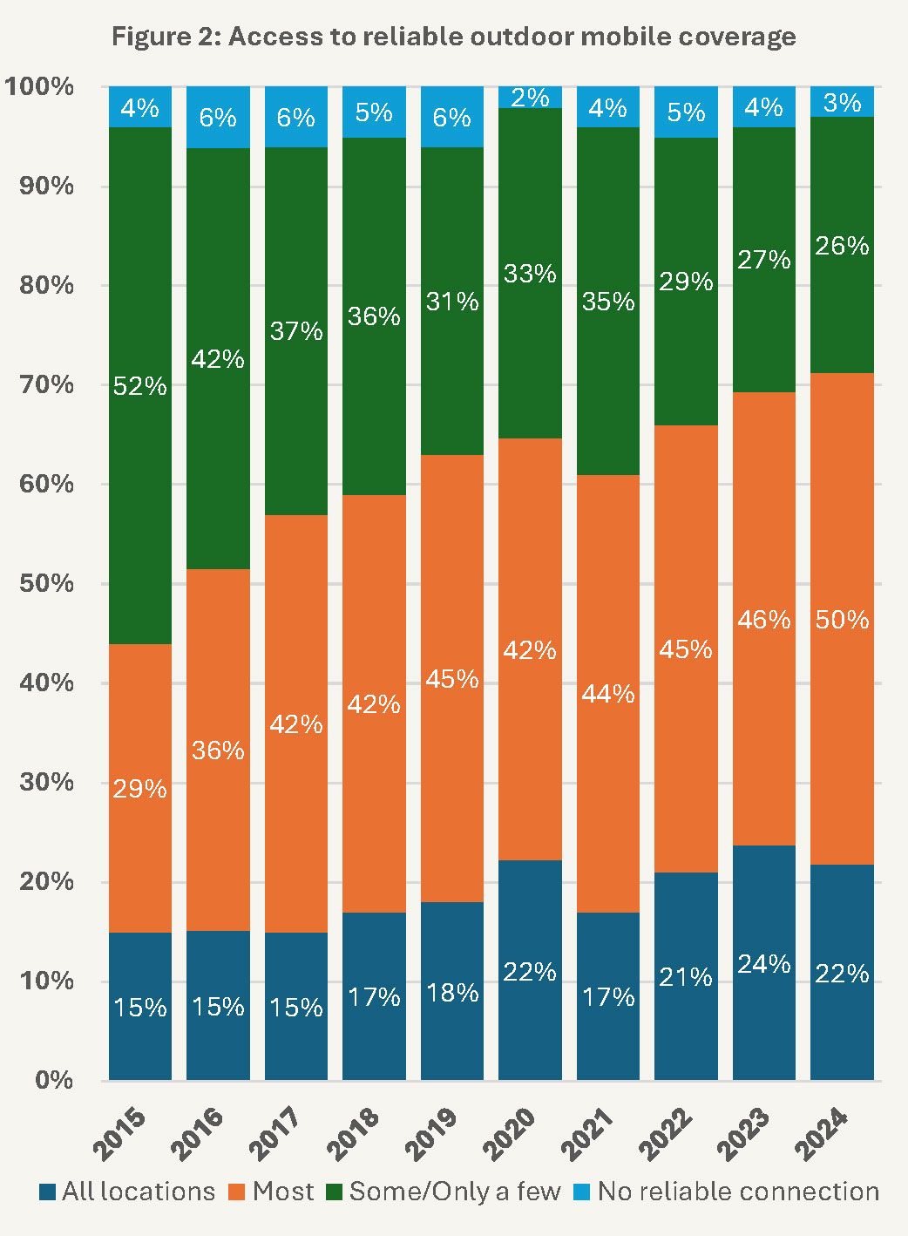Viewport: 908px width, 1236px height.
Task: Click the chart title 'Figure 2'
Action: (453, 37)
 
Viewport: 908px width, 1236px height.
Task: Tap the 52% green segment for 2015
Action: (139, 385)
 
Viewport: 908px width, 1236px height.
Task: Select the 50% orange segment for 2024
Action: (842, 619)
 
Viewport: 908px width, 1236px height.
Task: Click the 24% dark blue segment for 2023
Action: (764, 963)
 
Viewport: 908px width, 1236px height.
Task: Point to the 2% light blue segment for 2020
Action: (530, 97)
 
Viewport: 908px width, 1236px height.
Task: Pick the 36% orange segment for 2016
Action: (218, 750)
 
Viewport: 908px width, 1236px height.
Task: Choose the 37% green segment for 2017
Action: (296, 331)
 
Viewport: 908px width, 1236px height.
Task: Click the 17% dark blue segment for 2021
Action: (608, 996)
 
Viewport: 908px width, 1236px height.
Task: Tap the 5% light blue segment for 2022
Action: (686, 112)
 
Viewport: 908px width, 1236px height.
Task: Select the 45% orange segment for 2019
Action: (452, 678)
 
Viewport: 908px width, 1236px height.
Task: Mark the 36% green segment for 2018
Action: (374, 316)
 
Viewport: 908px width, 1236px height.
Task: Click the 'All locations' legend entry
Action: (127, 1192)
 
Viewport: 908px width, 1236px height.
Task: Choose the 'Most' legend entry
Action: (271, 1192)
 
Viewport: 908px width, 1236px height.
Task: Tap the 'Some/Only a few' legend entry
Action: (444, 1192)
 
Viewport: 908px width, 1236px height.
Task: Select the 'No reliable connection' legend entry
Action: (727, 1192)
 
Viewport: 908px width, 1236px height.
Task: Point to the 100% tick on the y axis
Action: (39, 86)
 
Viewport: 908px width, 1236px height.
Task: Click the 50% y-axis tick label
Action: (46, 583)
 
